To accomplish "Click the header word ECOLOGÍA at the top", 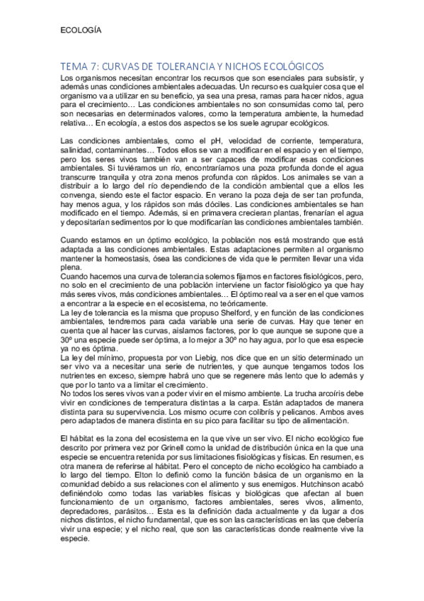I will point(81,30).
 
